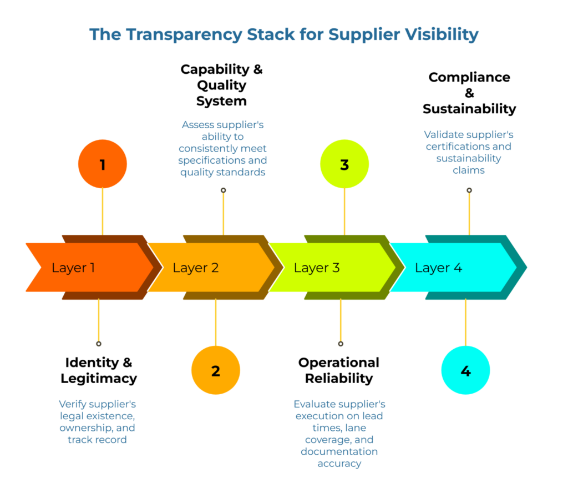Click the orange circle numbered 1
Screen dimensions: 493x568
[x=103, y=164]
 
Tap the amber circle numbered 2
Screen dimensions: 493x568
[x=216, y=370]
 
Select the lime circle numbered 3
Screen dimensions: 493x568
[x=344, y=164]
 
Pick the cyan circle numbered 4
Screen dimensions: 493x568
[x=465, y=370]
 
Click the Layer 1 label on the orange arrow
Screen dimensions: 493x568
[x=73, y=268]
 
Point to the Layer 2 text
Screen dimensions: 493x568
[x=195, y=268]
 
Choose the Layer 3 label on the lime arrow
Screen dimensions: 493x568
[x=316, y=268]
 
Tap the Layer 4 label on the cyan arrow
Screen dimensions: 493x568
[x=438, y=268]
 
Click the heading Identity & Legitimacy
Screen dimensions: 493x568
[x=99, y=370]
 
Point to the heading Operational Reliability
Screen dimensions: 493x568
[x=338, y=370]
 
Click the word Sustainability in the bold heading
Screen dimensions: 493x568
[x=469, y=109]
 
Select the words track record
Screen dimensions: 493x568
[x=97, y=440]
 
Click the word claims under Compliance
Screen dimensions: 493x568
[x=469, y=170]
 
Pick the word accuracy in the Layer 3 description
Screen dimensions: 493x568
[x=339, y=463]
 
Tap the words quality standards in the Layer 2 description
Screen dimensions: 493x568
[x=222, y=172]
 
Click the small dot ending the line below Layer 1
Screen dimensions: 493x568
[x=99, y=344]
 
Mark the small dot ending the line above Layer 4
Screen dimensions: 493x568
[x=469, y=190]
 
